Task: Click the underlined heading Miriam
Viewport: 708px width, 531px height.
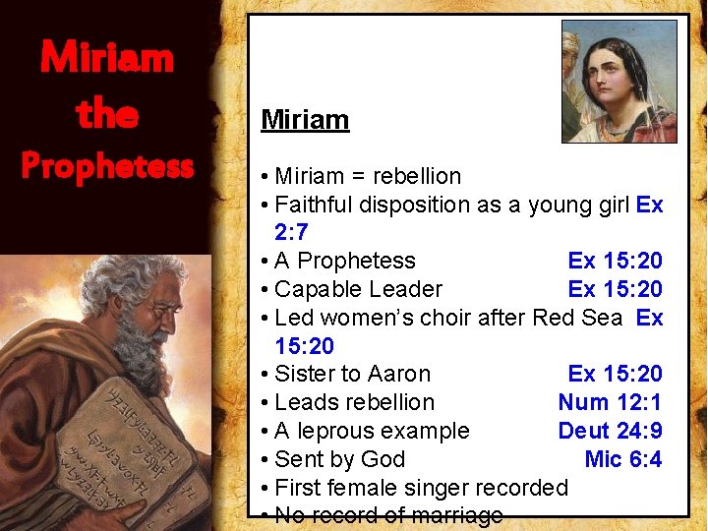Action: tap(305, 120)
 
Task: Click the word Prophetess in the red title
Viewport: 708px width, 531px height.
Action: tap(107, 166)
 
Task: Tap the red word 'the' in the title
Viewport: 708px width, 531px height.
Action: tap(107, 115)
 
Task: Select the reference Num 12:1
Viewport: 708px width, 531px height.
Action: tap(610, 402)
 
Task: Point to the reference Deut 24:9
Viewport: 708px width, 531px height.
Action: tap(610, 431)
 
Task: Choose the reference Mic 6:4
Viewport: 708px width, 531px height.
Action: tap(622, 459)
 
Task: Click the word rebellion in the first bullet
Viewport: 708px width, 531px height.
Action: tap(416, 177)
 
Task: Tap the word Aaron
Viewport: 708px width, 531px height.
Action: tap(398, 374)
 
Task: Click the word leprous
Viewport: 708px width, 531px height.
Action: tap(341, 431)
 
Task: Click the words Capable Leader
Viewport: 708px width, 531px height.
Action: tap(358, 289)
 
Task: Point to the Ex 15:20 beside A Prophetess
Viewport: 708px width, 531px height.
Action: tap(615, 261)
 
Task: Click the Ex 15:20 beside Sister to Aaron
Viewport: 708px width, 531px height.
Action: tap(615, 374)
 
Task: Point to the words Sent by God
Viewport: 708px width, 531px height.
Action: tap(339, 459)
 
